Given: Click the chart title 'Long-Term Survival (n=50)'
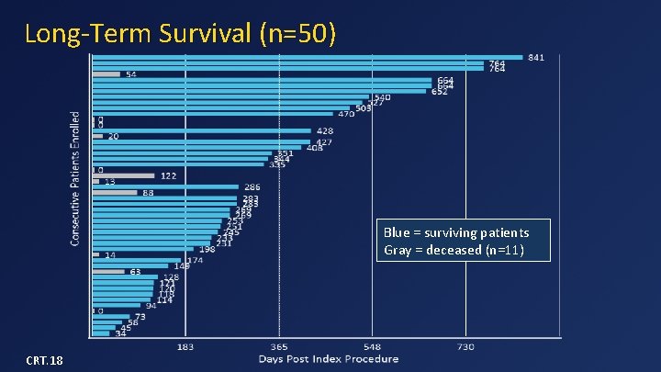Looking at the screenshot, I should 181,34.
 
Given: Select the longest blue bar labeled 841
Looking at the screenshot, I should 307,57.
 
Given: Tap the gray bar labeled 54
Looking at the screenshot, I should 106,74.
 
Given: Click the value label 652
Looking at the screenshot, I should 440,92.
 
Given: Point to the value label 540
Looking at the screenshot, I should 381,97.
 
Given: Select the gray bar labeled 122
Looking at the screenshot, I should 123,175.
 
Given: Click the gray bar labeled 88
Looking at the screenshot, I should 114,193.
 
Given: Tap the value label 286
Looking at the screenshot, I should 252,187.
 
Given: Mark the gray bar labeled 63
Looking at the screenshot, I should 107,272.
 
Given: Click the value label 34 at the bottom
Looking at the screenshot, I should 121,333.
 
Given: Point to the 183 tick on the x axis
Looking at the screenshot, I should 185,347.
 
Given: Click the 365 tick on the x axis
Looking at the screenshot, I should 278,347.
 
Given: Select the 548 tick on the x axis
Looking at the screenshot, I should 372,347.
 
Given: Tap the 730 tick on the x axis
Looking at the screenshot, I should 465,347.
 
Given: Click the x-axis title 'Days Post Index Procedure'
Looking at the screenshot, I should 328,359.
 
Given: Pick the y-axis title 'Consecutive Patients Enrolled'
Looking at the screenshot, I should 75,178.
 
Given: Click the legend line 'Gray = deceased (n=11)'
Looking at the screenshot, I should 453,250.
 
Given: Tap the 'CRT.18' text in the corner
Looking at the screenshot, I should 44,360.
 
